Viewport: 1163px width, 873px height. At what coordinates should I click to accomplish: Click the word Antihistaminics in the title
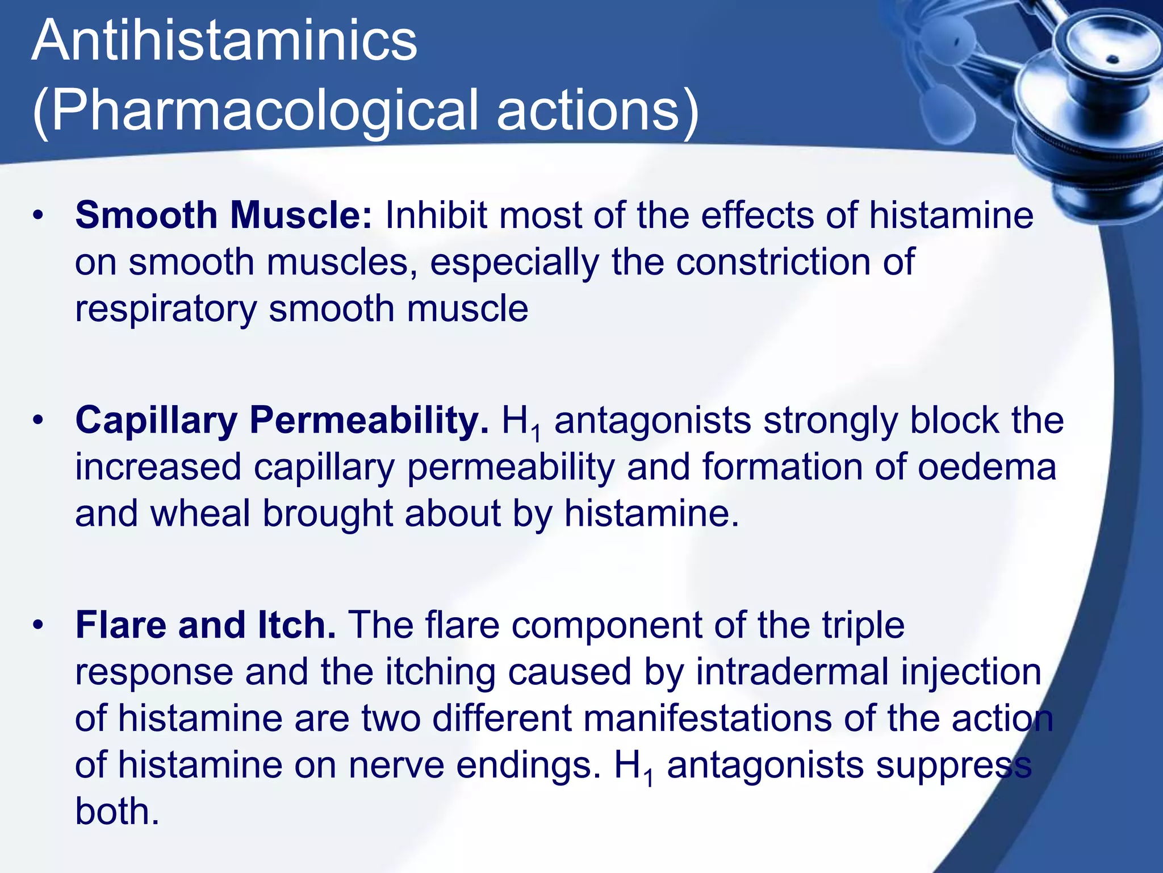click(x=224, y=41)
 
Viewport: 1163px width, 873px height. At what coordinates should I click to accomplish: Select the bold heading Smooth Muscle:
click(x=224, y=215)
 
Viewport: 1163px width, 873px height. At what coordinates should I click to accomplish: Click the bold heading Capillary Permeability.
click(x=282, y=421)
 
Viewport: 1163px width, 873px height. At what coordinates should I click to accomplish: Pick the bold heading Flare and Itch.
click(x=206, y=625)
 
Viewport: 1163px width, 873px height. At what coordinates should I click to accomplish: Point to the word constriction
click(x=772, y=262)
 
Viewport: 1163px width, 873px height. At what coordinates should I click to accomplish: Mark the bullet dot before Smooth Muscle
click(x=37, y=216)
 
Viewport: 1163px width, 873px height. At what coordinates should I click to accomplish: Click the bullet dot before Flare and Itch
click(x=37, y=626)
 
